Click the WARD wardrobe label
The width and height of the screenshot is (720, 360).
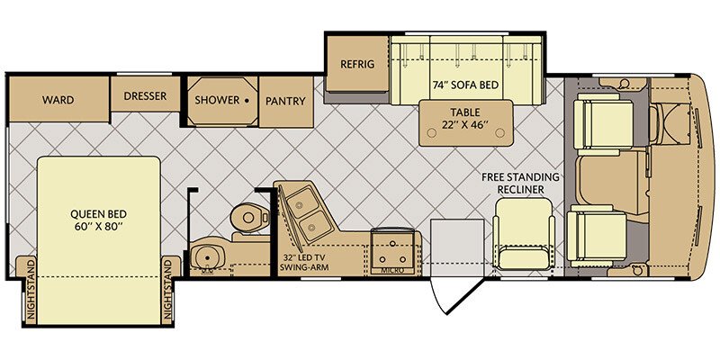coord(58,100)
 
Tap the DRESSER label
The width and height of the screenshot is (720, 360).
coord(145,96)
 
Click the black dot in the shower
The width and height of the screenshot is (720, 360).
coord(247,100)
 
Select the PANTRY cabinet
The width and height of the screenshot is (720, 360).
coord(286,102)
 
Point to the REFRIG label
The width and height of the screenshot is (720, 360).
coord(357,64)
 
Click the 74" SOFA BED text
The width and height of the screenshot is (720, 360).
coord(465,85)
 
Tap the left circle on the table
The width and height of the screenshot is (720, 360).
coord(431,132)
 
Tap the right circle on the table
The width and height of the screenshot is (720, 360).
coord(500,132)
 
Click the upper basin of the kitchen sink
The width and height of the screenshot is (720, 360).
coord(301,202)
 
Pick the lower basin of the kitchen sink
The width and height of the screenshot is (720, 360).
coord(310,226)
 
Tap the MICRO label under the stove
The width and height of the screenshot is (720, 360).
coord(392,271)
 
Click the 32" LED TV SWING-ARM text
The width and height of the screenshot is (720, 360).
coord(303,263)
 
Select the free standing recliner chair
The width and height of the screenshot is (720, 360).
coord(523,234)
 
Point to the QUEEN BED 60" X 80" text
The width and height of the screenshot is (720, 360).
coord(98,220)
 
